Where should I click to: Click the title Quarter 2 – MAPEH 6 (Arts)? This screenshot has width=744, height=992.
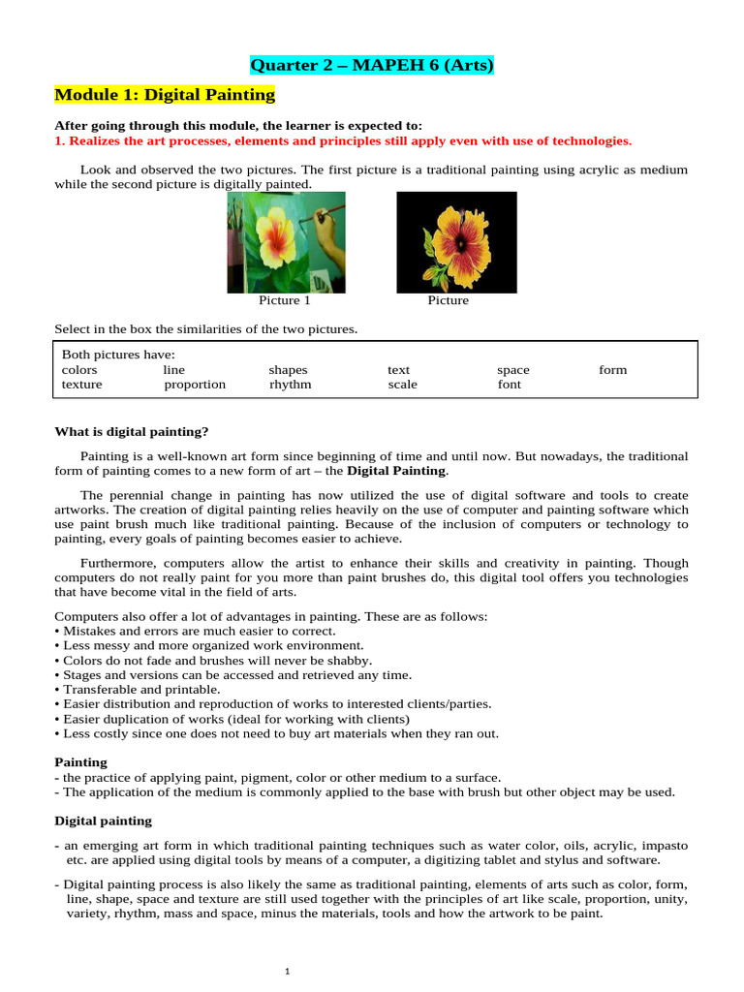click(372, 66)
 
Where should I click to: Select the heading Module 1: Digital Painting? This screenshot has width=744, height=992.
click(165, 95)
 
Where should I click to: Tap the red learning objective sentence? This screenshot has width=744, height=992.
click(343, 140)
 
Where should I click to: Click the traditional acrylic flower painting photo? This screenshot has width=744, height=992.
click(286, 242)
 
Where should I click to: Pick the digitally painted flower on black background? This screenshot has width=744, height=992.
click(456, 242)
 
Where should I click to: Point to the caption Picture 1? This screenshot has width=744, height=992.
click(278, 300)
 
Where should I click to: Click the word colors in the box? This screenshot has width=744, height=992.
click(79, 369)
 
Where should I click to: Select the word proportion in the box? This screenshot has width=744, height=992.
click(195, 384)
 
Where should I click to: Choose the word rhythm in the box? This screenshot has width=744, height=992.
click(291, 384)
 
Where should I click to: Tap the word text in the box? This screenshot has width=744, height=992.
click(398, 369)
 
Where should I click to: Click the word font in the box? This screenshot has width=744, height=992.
click(509, 384)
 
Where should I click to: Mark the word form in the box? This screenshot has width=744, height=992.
click(612, 369)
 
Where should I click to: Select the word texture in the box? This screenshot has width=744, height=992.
click(81, 384)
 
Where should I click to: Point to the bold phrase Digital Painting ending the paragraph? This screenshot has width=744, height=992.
click(397, 471)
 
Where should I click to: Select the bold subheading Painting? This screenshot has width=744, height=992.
click(80, 762)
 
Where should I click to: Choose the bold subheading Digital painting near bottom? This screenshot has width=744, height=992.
click(103, 821)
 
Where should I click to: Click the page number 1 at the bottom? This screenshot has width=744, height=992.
click(289, 973)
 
